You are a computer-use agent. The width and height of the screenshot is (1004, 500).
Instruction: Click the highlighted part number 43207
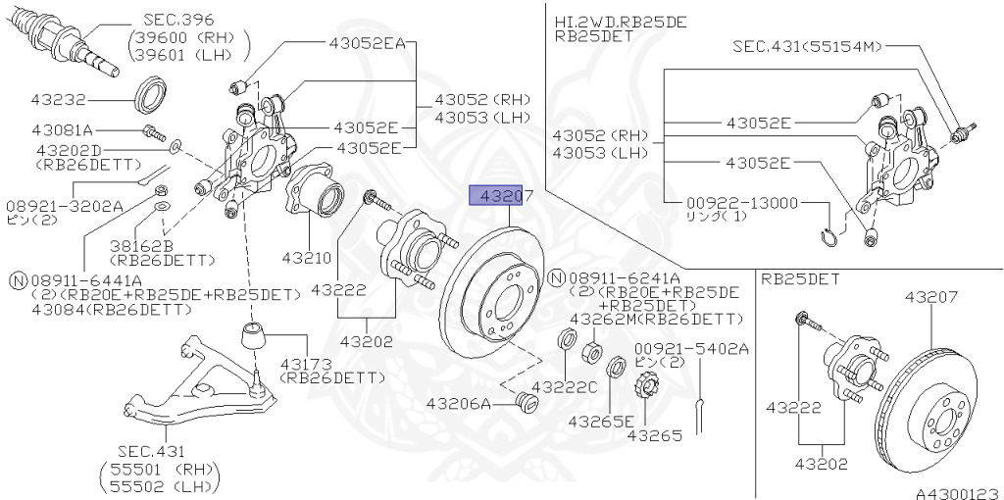[x=502, y=196]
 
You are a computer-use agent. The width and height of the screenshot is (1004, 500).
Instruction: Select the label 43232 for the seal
[x=59, y=99]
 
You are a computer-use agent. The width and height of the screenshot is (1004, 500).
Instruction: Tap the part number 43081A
[x=62, y=129]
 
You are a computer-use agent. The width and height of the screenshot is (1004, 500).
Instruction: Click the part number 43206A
[x=458, y=403]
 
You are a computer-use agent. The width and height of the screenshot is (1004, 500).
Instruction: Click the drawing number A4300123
[x=957, y=486]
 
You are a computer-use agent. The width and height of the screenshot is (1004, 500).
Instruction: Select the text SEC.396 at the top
[x=178, y=19]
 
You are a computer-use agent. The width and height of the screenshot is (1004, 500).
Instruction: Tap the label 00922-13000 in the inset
[x=744, y=203]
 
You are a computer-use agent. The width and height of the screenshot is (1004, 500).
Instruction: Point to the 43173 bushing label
[x=308, y=363]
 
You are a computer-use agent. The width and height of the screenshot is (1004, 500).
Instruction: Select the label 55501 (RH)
[x=160, y=469]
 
